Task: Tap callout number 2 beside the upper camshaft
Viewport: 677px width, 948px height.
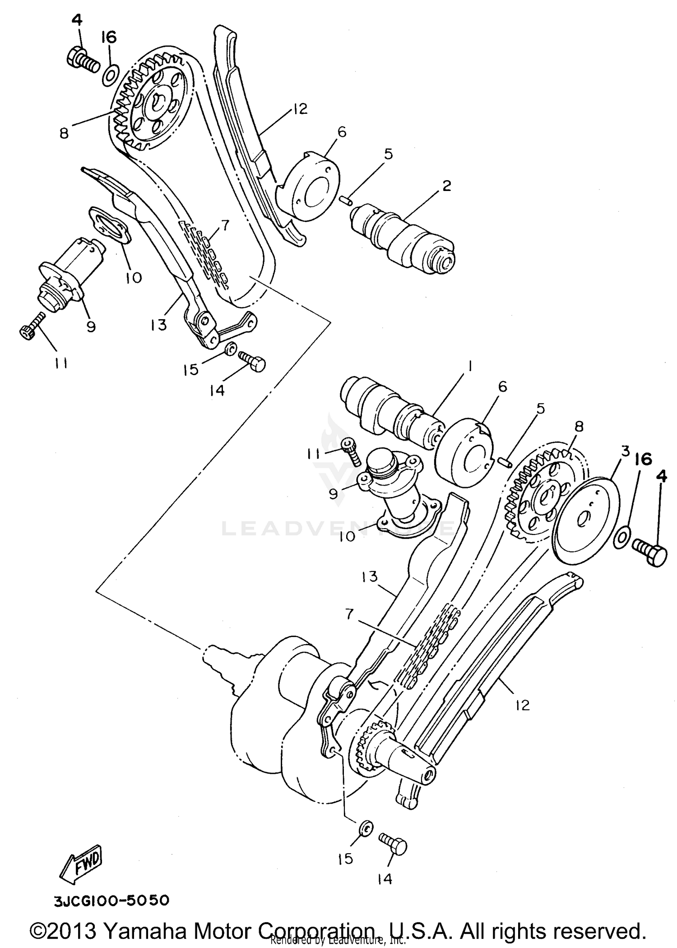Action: click(x=446, y=186)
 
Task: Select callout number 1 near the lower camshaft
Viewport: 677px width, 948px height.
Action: click(x=469, y=368)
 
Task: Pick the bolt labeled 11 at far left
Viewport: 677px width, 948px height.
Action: click(x=33, y=326)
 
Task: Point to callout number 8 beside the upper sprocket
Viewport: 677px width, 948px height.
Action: click(x=64, y=134)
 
